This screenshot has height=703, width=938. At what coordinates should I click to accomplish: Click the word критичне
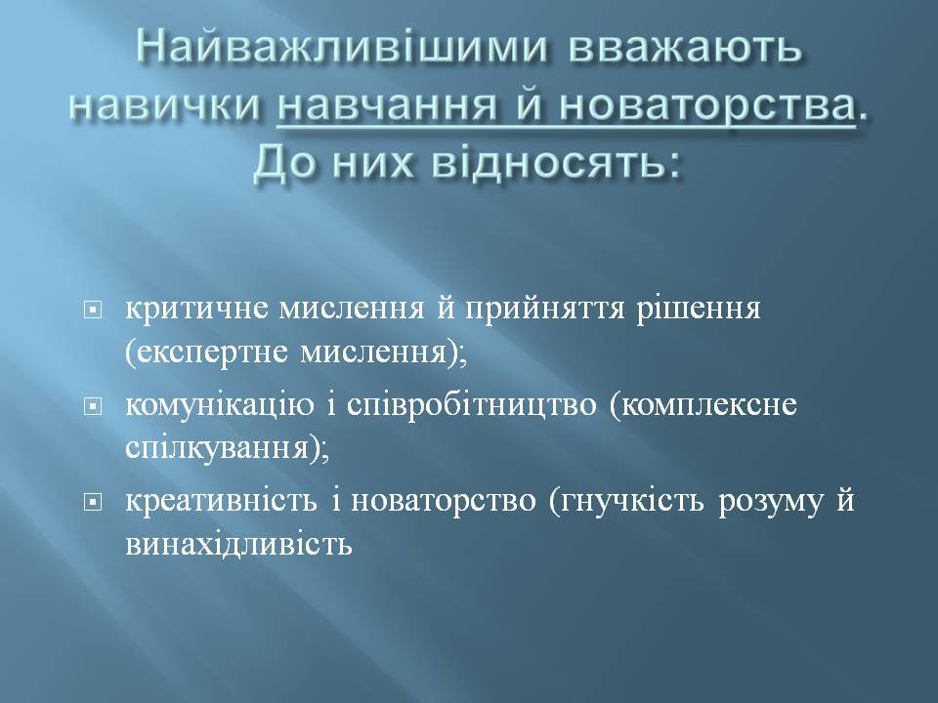pos(196,310)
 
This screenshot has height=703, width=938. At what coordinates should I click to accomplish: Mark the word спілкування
pos(223,449)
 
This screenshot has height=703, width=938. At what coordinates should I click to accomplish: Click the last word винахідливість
pos(238,544)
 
